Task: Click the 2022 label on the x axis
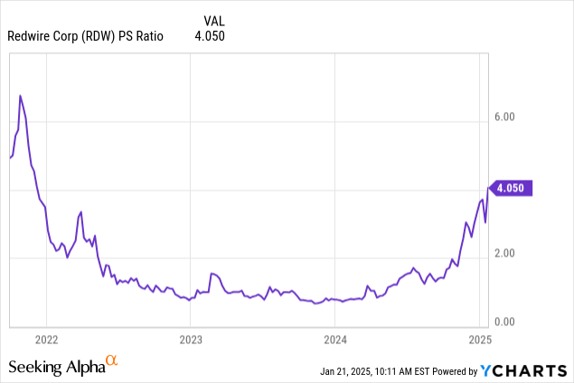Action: [46, 340]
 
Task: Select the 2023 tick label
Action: [191, 340]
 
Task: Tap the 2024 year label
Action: [335, 340]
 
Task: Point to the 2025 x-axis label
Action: [479, 340]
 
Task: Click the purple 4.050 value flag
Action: [513, 189]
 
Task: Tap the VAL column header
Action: [212, 19]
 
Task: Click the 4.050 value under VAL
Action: [210, 36]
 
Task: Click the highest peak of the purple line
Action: [20, 95]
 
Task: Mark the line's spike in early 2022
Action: [81, 212]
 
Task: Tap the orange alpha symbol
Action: [112, 361]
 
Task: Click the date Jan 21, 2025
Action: [349, 371]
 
